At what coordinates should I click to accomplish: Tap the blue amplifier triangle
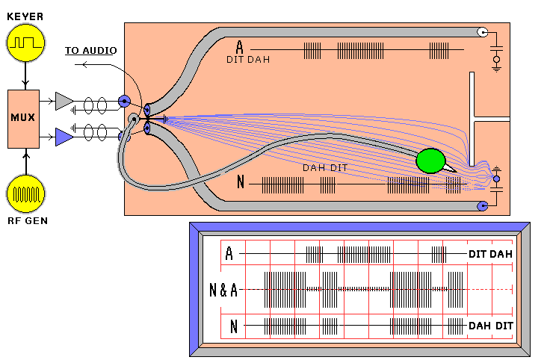point(65,136)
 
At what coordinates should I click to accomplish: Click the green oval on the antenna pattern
point(430,161)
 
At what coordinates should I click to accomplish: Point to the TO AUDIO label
point(90,50)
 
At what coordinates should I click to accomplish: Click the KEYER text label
point(25,13)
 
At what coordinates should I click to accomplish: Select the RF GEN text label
point(26,220)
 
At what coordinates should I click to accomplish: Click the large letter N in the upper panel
point(239,181)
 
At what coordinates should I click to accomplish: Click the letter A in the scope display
point(229,255)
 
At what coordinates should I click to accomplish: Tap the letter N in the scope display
point(234,326)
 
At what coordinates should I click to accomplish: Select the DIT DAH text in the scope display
point(491,254)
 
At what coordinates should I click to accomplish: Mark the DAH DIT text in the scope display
point(491,326)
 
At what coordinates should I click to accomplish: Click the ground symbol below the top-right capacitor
point(496,67)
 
